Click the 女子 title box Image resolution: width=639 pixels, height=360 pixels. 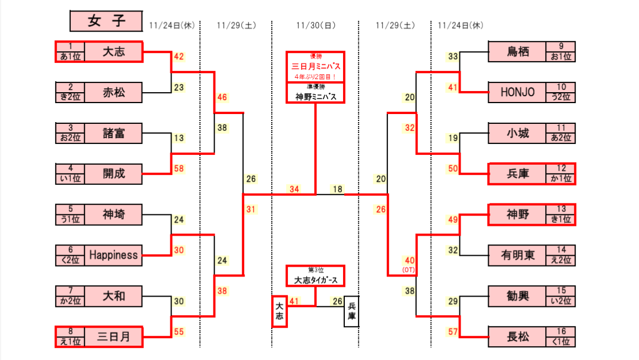(106, 21)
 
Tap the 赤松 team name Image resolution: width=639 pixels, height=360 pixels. (113, 92)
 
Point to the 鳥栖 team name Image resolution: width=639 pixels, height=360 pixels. (517, 51)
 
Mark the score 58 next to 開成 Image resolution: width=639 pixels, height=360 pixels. (179, 169)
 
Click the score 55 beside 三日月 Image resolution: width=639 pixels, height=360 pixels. (179, 332)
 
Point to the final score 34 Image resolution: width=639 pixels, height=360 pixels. (294, 189)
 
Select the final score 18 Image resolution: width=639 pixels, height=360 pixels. (337, 189)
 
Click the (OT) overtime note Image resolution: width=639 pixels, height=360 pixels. (409, 270)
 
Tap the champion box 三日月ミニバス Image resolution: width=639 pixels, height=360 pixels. (315, 66)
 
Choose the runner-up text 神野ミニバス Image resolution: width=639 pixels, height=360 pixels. (315, 96)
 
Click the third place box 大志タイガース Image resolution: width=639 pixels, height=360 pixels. (315, 281)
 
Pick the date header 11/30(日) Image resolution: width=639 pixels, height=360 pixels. (315, 25)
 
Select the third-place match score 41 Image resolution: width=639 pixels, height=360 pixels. (294, 301)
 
